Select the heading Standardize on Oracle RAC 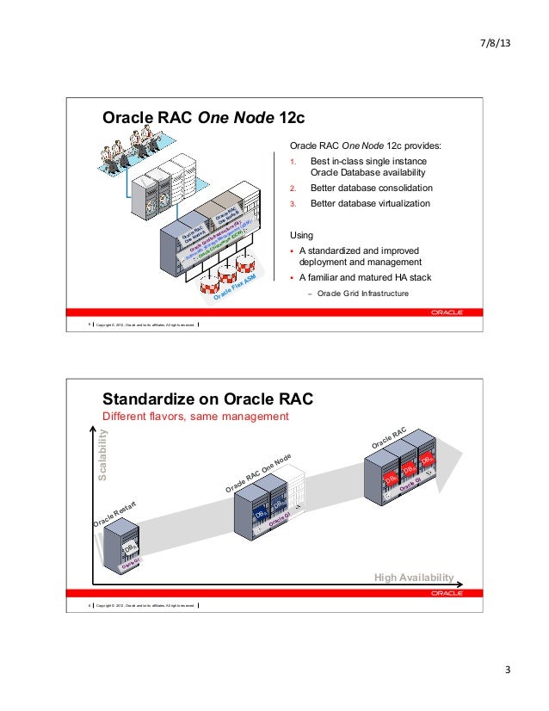click(207, 399)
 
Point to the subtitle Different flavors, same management click(194, 417)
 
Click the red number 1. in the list click(293, 162)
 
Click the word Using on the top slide click(301, 235)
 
